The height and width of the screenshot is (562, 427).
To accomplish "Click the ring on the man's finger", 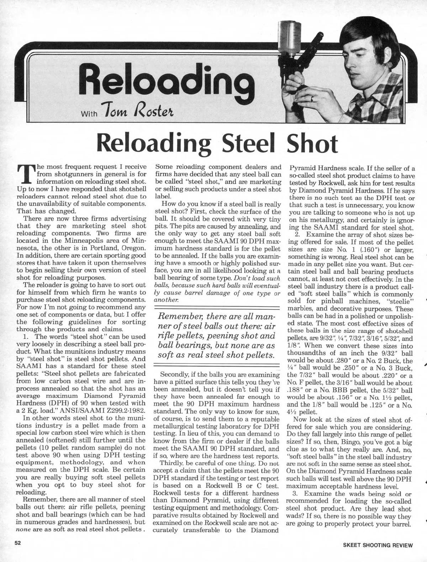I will (312, 99).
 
